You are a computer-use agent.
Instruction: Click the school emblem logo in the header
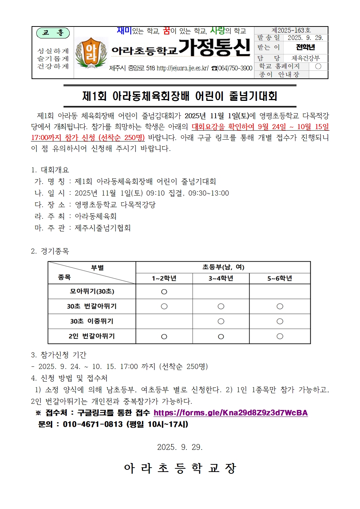click(91, 53)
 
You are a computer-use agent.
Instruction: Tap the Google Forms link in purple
click(230, 413)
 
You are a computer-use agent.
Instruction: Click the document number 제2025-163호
click(291, 30)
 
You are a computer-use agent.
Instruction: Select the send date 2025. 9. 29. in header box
click(305, 38)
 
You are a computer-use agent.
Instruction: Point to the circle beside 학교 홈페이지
click(318, 66)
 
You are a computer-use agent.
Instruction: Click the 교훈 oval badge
click(53, 33)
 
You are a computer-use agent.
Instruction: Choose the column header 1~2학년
click(164, 278)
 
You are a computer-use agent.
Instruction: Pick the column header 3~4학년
click(221, 278)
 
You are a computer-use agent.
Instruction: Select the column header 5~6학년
click(279, 278)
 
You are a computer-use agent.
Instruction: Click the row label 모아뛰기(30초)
click(92, 291)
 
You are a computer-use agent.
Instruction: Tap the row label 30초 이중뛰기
click(92, 321)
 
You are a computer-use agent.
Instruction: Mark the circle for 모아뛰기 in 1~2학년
click(164, 292)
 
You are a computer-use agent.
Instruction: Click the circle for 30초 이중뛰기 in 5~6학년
click(280, 321)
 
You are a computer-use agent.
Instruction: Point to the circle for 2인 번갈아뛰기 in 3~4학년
click(221, 337)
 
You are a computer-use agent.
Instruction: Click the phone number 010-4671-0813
click(93, 424)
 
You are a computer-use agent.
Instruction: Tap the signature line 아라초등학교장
click(180, 468)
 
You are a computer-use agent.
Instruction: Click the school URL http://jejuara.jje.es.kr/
click(182, 68)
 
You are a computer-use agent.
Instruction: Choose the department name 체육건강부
click(306, 58)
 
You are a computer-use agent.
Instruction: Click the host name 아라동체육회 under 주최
click(95, 217)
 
